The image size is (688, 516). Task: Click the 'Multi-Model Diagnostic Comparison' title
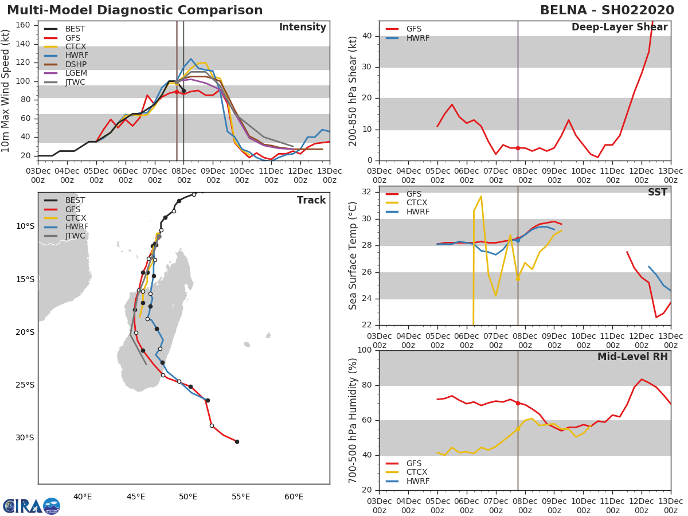[135, 10]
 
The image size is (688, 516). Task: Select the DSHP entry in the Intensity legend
[76, 64]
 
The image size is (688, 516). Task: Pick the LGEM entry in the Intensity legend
[76, 73]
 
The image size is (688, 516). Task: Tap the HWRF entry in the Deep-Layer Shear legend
[417, 38]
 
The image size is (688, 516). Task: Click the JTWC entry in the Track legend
[76, 236]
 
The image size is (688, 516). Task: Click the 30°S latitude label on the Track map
[25, 438]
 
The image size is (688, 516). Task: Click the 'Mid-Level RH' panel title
[632, 357]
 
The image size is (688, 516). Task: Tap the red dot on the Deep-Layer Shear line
[518, 148]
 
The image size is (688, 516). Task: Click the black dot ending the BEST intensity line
[183, 91]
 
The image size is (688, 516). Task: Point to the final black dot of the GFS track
[237, 441]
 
